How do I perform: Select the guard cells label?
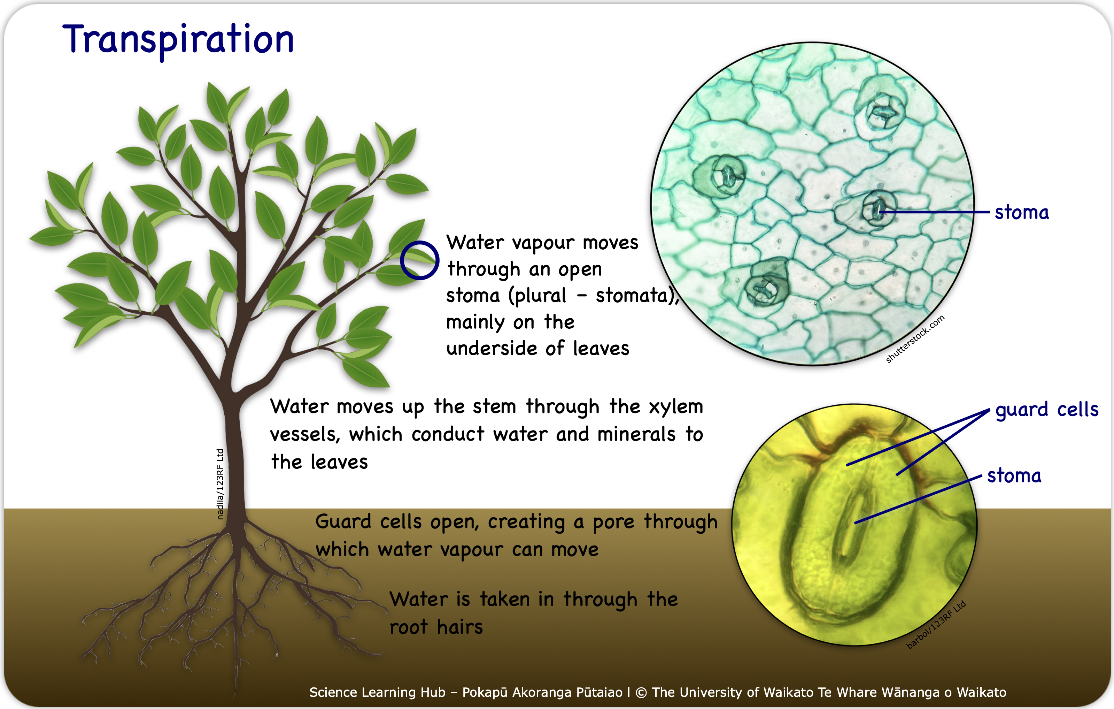(1047, 410)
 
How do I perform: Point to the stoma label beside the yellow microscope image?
(1014, 476)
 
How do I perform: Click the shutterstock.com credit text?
(915, 339)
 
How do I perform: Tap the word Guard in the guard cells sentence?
(343, 521)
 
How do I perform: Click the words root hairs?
(436, 627)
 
